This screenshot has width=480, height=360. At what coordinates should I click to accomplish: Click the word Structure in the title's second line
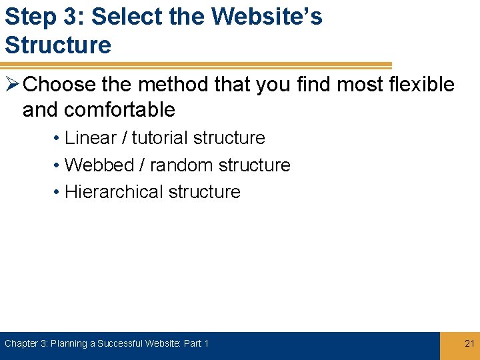tap(58, 45)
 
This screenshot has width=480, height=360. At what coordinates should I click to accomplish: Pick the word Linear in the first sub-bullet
tap(91, 138)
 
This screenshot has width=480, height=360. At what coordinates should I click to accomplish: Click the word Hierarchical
tap(114, 191)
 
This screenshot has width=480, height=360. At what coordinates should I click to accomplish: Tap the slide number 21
tap(469, 343)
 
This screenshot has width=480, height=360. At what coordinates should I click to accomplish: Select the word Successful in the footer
tap(125, 343)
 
